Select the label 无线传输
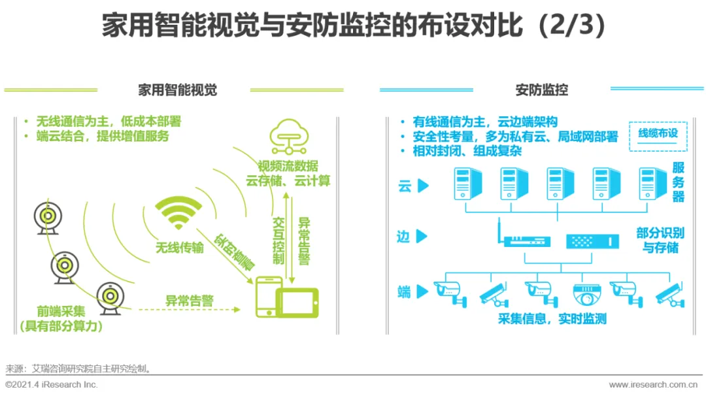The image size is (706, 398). (179, 248)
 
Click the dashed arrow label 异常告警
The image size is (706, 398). (190, 301)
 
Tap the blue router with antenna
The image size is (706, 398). (526, 238)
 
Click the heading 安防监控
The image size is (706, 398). (542, 90)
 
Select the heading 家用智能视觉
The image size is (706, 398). (177, 90)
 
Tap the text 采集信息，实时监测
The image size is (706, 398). (552, 319)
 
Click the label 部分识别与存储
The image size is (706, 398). (660, 240)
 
